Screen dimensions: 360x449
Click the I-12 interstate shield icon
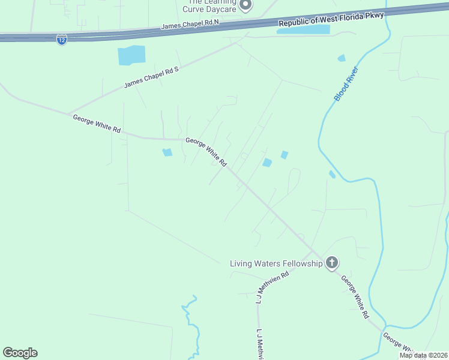click(x=61, y=40)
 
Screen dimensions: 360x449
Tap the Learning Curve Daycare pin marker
click(x=245, y=5)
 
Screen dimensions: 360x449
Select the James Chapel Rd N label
click(x=190, y=25)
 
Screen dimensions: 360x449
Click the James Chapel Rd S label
click(x=151, y=77)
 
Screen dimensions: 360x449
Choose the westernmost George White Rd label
click(x=97, y=124)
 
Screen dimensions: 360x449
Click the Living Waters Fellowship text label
click(x=276, y=263)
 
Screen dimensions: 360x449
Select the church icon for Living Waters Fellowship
click(x=332, y=263)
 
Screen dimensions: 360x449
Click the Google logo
click(x=20, y=352)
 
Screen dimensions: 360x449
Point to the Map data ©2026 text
click(x=424, y=355)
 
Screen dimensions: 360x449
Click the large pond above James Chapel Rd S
click(x=131, y=55)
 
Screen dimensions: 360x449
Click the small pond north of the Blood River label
click(x=342, y=58)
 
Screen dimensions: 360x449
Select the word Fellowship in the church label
click(x=302, y=263)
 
